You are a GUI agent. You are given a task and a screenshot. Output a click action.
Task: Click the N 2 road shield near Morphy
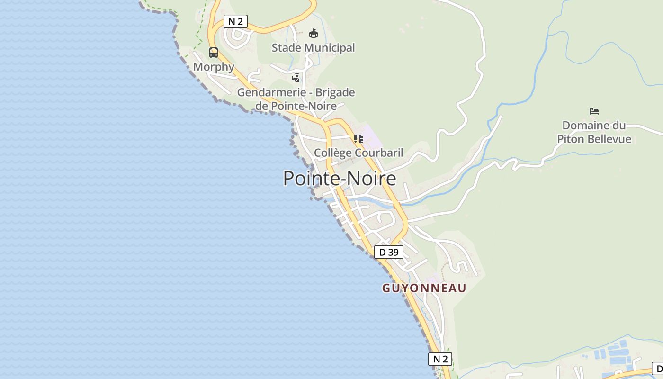235,21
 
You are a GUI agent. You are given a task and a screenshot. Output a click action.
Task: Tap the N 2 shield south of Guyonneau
440,359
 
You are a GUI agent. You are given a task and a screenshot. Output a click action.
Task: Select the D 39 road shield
389,252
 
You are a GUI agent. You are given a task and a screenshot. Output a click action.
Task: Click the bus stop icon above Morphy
214,53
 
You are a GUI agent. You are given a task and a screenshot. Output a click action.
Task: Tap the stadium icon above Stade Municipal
314,33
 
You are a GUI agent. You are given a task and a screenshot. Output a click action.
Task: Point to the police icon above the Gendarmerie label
296,78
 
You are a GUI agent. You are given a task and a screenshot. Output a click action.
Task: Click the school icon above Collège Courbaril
358,138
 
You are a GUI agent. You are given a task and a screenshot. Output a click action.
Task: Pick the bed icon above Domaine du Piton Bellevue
594,111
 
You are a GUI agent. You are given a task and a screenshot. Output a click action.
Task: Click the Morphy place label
214,67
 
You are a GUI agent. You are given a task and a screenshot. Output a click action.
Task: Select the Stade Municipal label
313,48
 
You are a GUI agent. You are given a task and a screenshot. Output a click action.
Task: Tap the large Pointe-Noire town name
340,179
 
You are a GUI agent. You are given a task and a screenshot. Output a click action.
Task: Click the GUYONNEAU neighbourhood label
424,288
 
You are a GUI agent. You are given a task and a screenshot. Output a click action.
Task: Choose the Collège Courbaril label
358,153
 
